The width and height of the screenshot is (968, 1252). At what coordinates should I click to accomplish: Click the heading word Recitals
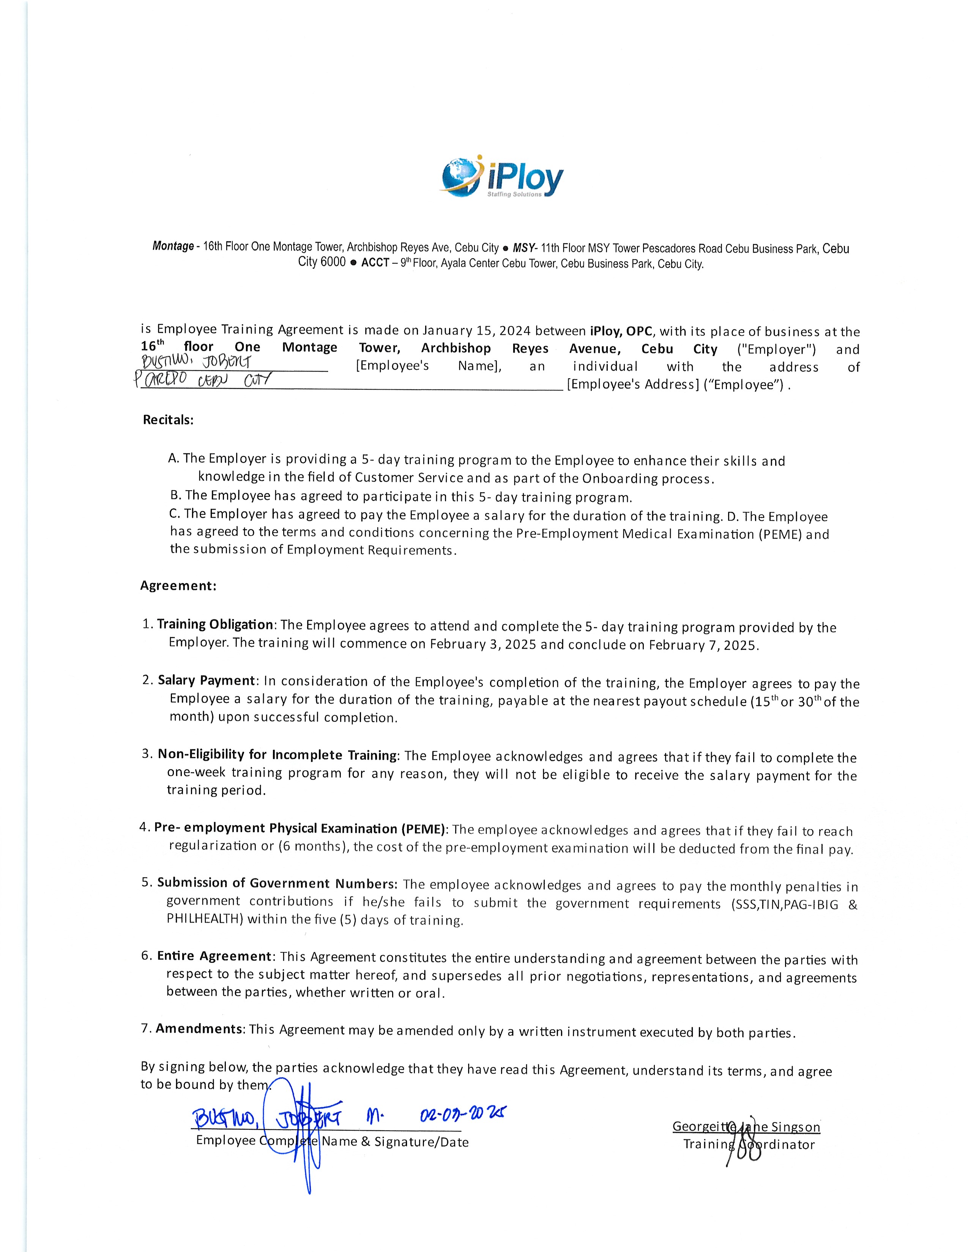(168, 420)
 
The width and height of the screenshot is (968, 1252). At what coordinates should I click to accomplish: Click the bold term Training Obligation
(214, 624)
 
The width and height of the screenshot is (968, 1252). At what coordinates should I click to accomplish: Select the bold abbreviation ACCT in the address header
(375, 263)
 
